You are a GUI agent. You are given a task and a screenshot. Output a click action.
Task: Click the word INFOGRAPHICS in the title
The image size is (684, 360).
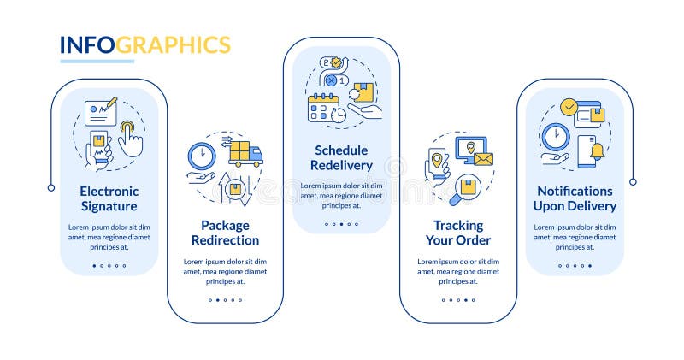pos(144,44)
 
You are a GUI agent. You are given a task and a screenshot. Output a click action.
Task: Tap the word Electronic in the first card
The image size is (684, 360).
pos(109,191)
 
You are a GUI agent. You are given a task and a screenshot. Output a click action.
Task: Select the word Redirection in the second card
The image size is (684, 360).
pos(225,240)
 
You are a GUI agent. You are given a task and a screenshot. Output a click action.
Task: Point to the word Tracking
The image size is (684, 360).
pos(458,226)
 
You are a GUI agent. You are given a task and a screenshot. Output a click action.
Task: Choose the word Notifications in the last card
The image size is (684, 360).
pos(575,191)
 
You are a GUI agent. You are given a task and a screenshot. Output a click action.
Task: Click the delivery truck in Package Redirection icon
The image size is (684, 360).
pos(246,154)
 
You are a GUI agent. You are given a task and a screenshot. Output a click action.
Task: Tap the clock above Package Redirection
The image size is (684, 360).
pos(202,156)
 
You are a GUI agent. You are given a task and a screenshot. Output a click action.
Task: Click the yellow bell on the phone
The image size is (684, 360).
pos(596,152)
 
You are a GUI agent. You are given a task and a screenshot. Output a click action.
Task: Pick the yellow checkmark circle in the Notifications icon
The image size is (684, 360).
pos(569,108)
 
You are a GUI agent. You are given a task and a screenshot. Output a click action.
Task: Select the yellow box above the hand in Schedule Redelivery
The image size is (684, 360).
pos(363,92)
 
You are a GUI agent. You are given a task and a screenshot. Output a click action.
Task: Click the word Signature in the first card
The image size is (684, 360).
pos(109,206)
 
